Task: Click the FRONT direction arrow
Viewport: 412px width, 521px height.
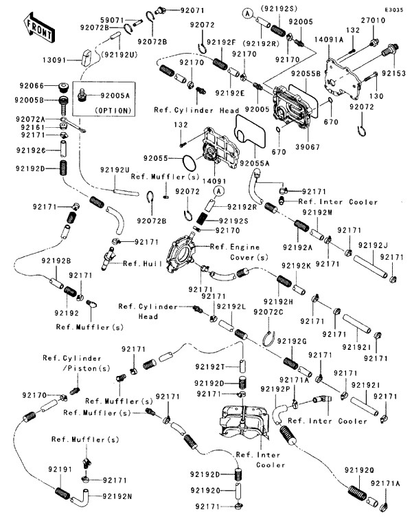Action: click(39, 26)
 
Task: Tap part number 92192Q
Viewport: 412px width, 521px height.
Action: click(360, 470)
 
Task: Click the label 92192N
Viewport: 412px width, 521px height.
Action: click(118, 496)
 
